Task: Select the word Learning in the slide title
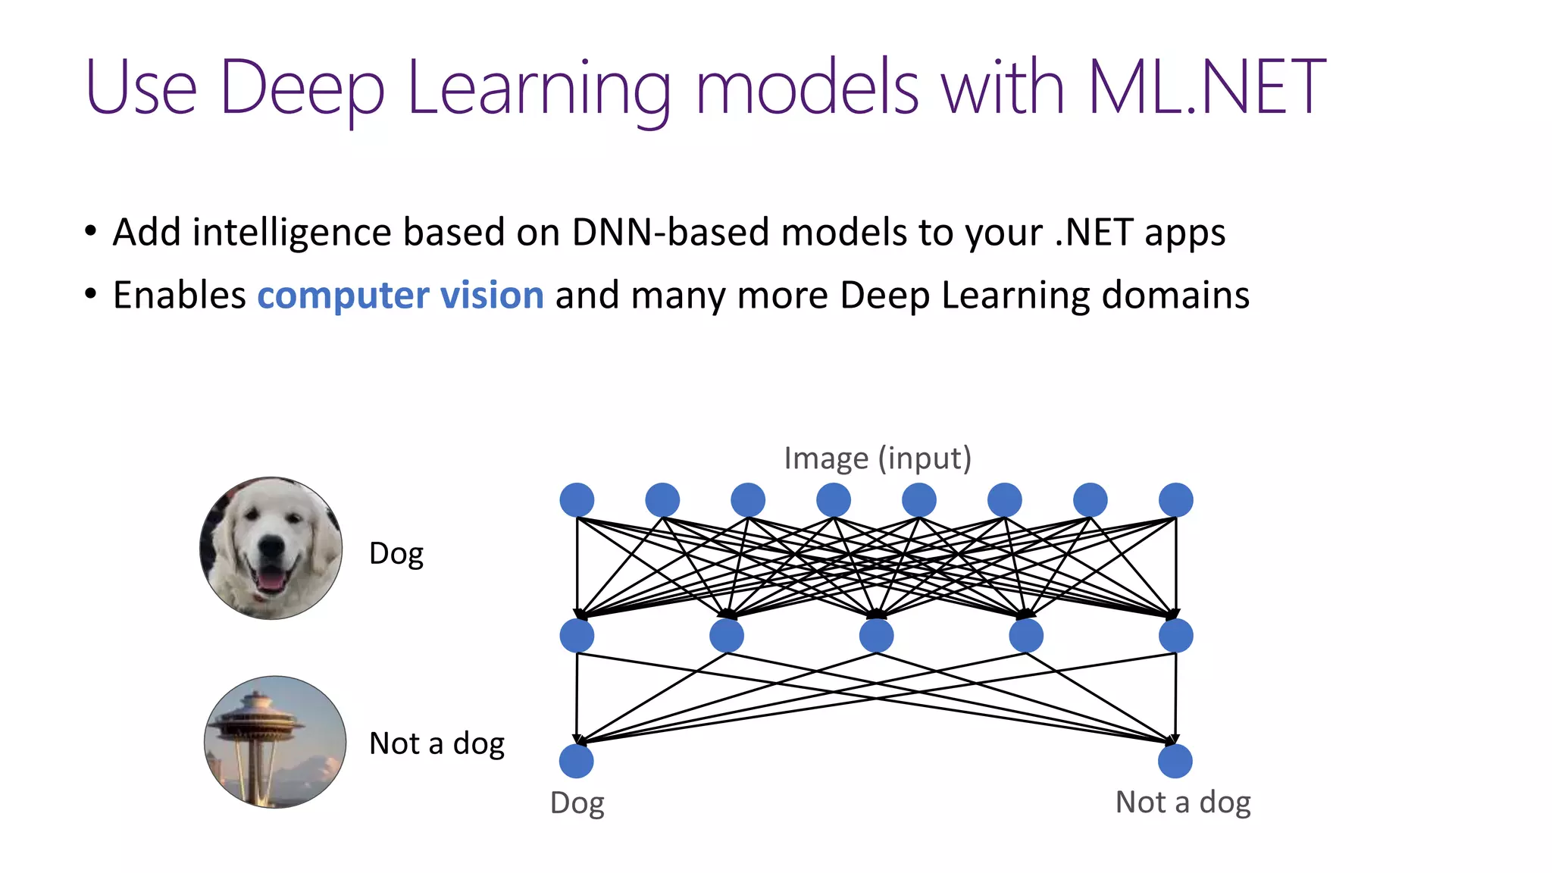(x=539, y=89)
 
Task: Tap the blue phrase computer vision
(x=400, y=295)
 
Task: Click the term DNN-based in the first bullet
(x=671, y=232)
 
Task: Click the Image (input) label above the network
(x=877, y=458)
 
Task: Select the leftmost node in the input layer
(x=577, y=500)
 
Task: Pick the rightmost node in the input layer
(x=1175, y=500)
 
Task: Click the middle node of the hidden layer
(x=876, y=636)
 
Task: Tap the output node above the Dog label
(x=576, y=761)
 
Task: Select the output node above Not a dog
(x=1175, y=761)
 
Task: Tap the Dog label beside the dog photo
(x=396, y=554)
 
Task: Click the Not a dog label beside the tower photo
(x=436, y=743)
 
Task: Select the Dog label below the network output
(x=577, y=803)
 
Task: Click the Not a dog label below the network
(x=1182, y=803)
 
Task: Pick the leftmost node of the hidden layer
(x=577, y=636)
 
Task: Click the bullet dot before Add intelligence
(x=91, y=231)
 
